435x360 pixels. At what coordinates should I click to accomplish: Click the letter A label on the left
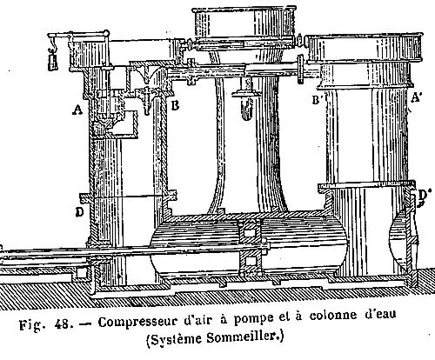77,110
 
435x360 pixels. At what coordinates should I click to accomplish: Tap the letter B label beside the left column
175,106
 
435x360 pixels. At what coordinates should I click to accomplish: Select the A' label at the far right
416,98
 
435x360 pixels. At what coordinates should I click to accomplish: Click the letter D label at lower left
79,212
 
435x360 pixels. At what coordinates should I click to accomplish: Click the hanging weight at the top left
53,63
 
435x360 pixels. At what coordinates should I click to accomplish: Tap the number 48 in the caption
61,324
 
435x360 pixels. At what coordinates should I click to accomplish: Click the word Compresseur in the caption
137,323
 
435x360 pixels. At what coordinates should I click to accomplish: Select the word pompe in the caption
253,319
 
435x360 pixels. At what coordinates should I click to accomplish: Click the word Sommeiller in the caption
244,337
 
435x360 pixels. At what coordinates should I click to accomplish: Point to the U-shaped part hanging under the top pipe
246,109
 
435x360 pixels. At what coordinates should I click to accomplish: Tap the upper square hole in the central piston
249,232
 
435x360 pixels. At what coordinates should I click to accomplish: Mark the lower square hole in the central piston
249,262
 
